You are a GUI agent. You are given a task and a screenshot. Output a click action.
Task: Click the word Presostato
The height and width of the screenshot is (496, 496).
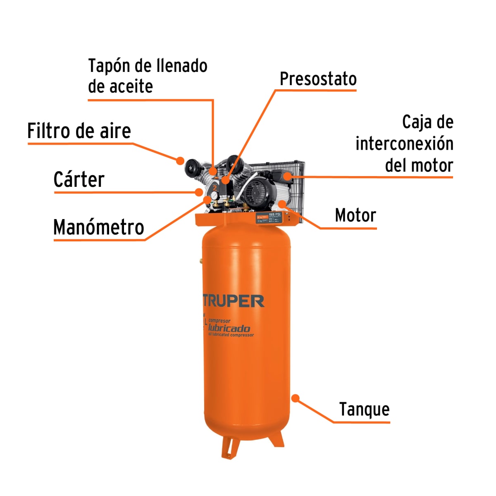coord(318,79)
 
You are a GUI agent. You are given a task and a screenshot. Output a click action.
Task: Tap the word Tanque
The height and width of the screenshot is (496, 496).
coord(364,410)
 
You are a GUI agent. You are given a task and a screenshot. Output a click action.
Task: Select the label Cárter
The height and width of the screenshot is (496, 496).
coord(79,180)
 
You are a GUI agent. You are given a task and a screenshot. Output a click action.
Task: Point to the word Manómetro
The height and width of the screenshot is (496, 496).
coord(99,227)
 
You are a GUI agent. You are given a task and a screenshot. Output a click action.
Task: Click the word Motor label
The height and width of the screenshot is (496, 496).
coord(355,215)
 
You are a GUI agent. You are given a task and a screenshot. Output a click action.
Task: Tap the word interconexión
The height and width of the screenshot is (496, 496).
coord(404,144)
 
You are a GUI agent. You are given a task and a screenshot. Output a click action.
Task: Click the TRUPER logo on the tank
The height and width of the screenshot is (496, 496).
coord(234,301)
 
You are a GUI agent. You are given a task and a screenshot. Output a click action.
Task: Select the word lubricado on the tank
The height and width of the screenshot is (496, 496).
coord(229,328)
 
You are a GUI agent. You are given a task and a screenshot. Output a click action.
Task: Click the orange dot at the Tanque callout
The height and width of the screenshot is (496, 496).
coord(295,398)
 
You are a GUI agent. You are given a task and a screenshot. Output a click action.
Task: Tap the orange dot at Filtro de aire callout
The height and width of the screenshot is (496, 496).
coord(180,160)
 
